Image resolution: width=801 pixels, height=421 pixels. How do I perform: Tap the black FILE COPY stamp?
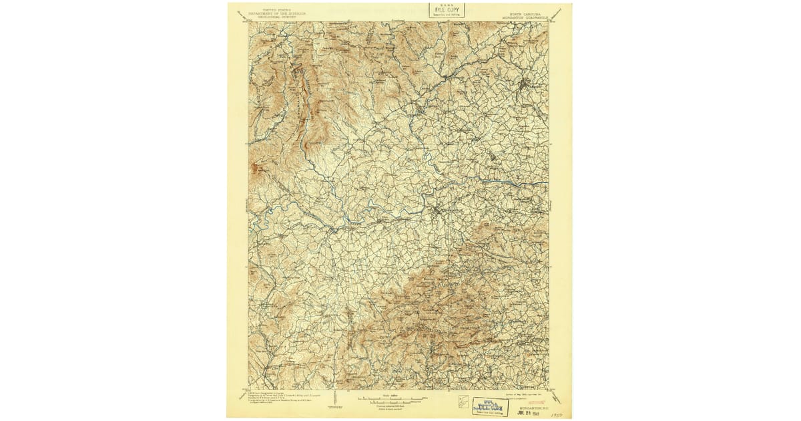click(x=447, y=10)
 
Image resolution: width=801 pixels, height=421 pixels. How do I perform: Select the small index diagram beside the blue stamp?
click(x=465, y=403)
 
